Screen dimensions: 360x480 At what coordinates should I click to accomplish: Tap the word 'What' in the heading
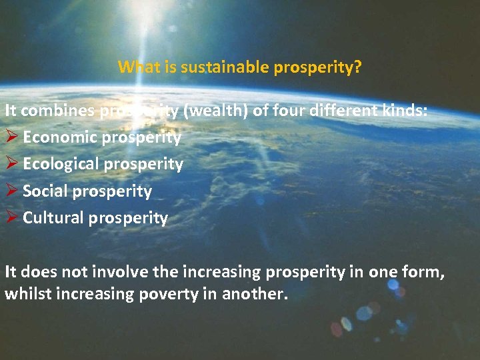tap(135, 67)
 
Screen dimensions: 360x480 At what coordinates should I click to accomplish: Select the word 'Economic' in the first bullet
tap(53, 137)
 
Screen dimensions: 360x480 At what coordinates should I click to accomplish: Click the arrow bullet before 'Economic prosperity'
tap(11, 137)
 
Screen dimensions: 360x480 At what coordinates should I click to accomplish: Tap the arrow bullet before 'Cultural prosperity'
tap(11, 218)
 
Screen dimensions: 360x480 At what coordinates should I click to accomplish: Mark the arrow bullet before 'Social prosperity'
tap(11, 191)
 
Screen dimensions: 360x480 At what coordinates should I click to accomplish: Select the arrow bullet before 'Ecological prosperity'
tap(11, 164)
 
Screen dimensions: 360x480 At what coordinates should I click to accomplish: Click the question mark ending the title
tap(358, 67)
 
